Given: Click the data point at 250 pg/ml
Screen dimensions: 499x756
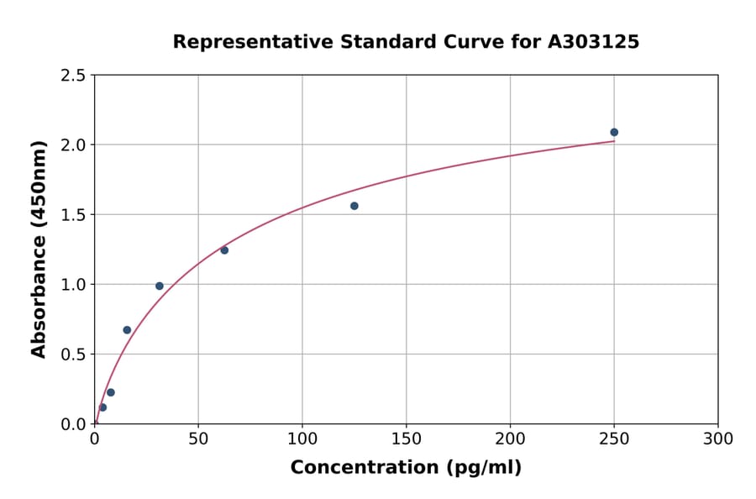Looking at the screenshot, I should [x=614, y=132].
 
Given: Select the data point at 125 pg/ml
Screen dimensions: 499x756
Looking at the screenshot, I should [x=354, y=206].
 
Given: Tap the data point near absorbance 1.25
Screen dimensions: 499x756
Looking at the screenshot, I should [x=224, y=250].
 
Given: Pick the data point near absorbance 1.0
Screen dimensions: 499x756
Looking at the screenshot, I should [x=160, y=286].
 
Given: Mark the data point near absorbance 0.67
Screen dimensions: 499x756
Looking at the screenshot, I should [x=127, y=330].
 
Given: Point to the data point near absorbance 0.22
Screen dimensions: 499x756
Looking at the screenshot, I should [x=111, y=392].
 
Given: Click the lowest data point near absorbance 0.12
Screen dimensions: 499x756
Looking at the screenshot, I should [x=102, y=407].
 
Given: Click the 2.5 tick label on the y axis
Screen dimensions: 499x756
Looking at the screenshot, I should [x=73, y=76].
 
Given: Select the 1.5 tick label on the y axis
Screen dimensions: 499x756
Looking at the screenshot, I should [x=73, y=215].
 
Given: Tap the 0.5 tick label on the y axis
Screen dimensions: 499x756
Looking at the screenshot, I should [x=73, y=355].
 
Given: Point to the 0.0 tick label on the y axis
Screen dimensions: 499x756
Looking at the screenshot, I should [x=73, y=424].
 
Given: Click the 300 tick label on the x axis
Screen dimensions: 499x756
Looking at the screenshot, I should [x=718, y=439].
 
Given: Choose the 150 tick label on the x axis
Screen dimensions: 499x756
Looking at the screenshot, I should [x=407, y=439].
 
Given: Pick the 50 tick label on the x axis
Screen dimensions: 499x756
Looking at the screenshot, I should [x=198, y=439].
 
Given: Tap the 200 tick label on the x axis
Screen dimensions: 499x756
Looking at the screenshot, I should [x=510, y=439].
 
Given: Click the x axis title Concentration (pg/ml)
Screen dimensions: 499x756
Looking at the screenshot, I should [x=406, y=468].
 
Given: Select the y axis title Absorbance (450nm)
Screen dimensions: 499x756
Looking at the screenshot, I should [x=39, y=249].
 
